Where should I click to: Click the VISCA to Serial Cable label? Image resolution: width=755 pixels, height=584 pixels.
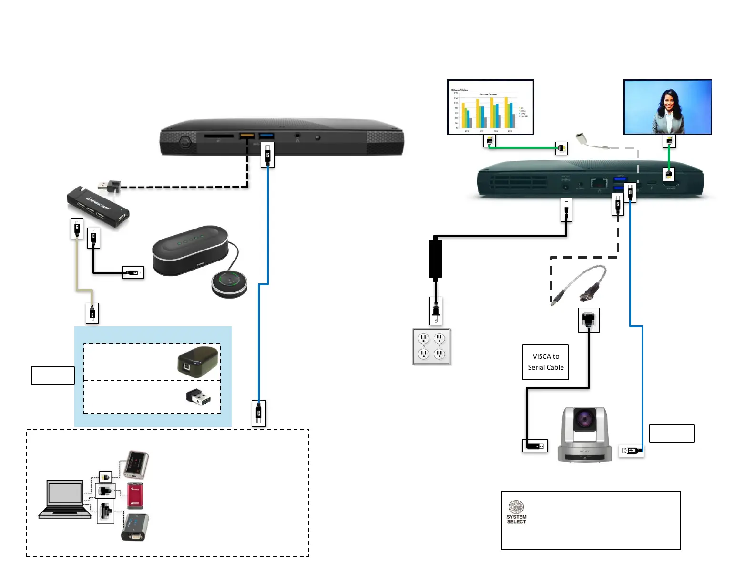click(545, 362)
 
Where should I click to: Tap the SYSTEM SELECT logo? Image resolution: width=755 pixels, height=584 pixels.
click(516, 512)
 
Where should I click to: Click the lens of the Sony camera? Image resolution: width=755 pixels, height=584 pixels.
click(584, 419)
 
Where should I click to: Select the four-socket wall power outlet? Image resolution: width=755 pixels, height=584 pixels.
click(431, 346)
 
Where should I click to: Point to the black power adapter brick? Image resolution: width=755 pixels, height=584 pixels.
click(435, 259)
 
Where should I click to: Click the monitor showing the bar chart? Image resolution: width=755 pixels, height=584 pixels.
click(490, 107)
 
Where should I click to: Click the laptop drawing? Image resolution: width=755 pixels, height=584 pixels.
click(64, 500)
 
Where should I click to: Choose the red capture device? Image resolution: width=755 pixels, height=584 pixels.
click(135, 496)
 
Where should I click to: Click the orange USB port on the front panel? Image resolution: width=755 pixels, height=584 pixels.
click(246, 136)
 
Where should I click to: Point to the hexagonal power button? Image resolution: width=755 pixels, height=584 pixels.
click(185, 142)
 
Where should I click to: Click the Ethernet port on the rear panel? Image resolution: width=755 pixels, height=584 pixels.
click(599, 183)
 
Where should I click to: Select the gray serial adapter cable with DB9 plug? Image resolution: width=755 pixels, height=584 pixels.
click(580, 285)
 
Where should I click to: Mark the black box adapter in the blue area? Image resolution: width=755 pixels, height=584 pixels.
click(198, 362)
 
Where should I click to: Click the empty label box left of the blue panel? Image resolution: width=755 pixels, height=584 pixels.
click(53, 375)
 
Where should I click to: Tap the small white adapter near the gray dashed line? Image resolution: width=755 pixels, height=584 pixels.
click(582, 138)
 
